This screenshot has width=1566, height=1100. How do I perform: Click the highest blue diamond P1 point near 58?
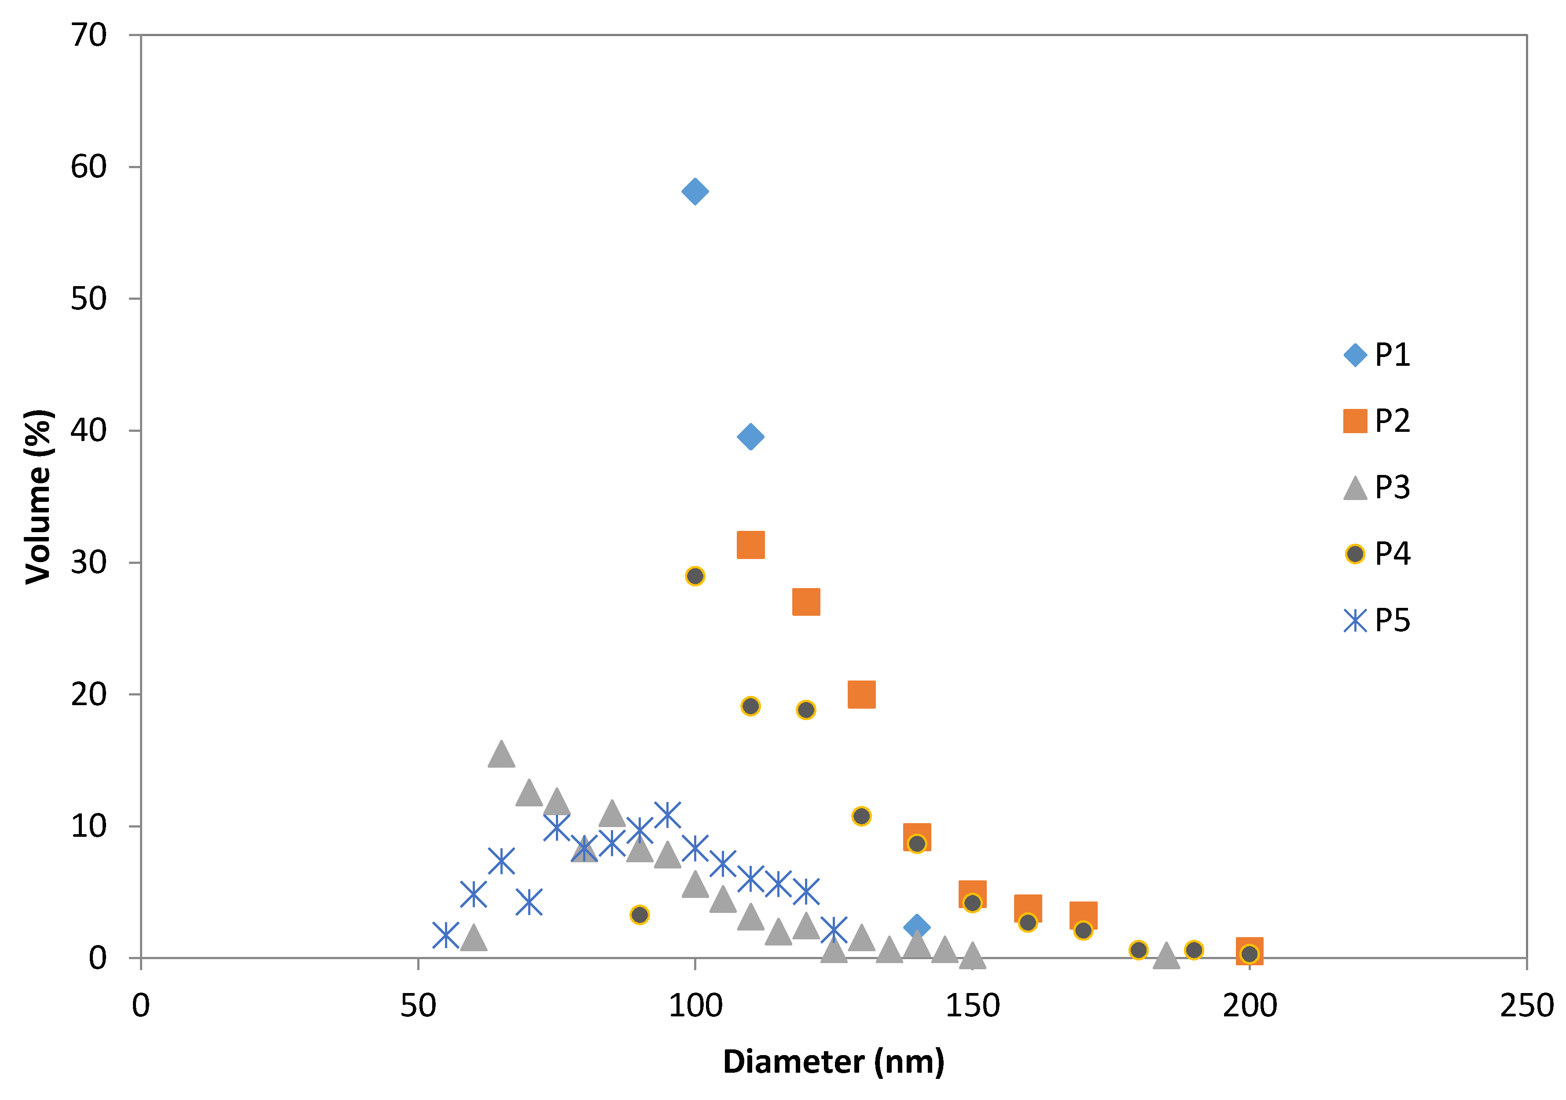695,191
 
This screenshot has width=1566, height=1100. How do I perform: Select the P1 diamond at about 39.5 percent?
750,437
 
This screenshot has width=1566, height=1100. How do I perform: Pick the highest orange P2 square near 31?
750,545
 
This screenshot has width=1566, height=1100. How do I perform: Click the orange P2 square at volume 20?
861,694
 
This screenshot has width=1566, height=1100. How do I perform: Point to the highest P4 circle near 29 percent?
695,576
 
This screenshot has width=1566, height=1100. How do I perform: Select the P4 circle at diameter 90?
639,915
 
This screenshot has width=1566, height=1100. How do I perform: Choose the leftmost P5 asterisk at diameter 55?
445,935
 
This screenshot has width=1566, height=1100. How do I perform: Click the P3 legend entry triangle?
1355,488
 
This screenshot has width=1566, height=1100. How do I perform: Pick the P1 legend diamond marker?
1355,355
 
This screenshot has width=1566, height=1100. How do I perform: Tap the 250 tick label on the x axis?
1526,1006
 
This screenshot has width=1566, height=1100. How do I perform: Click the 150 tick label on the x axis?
972,1006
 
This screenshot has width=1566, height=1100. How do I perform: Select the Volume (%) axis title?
38,497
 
